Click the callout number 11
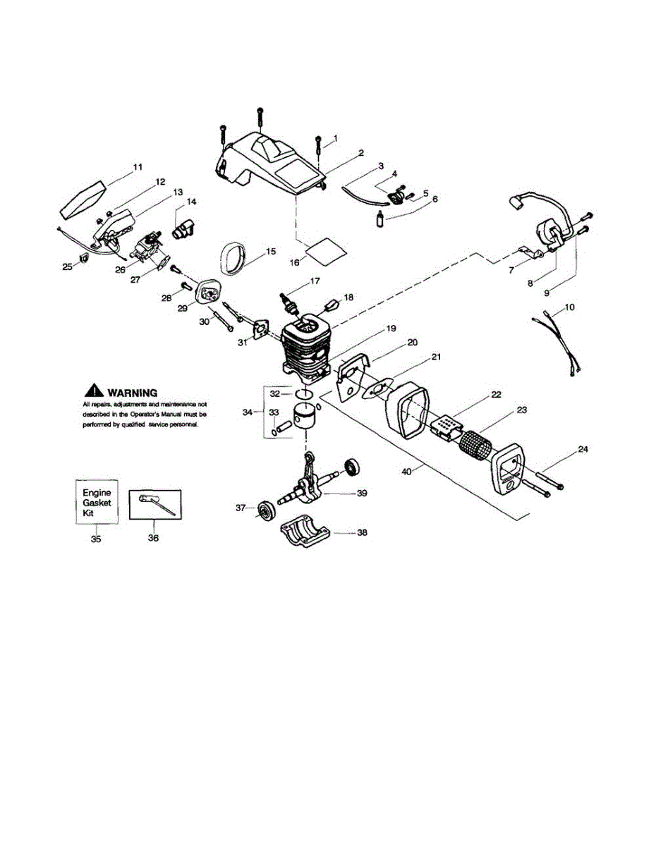pos(137,167)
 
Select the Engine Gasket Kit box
pos(97,502)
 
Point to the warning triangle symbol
pos(94,391)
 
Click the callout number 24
pos(583,448)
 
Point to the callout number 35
pos(96,539)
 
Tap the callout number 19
pos(390,329)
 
